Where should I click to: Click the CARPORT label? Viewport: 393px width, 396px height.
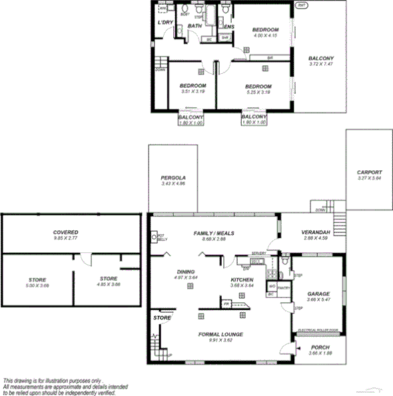(368, 172)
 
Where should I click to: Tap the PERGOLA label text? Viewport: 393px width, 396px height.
(173, 178)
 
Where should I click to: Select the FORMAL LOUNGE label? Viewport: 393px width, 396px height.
(220, 333)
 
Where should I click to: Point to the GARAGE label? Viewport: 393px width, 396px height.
(318, 294)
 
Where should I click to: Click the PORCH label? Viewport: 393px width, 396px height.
(321, 347)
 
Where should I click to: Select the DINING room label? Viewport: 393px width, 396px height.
(185, 271)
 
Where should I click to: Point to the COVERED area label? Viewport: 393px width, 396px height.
(66, 232)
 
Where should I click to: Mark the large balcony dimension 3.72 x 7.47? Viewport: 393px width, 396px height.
(321, 64)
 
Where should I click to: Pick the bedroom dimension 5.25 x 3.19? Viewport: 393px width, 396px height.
(258, 92)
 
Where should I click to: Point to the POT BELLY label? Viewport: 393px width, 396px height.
(161, 236)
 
